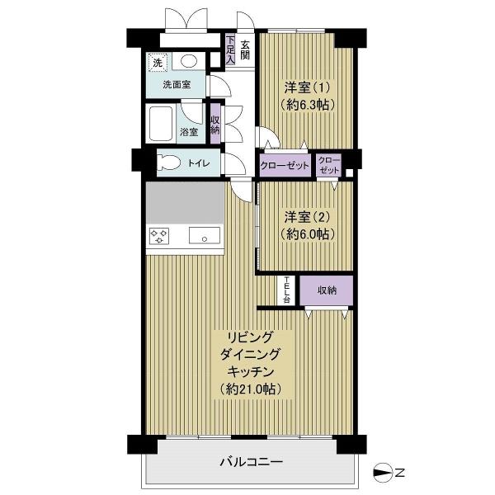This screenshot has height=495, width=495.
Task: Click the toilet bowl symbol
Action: pos(168,163)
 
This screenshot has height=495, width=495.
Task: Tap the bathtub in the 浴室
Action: pos(161,124)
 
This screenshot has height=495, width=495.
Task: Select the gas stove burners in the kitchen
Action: pos(158,236)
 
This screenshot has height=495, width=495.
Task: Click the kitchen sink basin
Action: pos(205,235)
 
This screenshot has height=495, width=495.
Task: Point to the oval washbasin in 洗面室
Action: pos(189,61)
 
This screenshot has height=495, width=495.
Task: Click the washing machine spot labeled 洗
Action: pos(158,63)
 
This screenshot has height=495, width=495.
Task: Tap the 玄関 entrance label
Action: pos(245,49)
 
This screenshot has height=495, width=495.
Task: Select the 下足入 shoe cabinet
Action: pos(230,49)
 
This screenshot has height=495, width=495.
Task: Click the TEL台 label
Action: pos(286,290)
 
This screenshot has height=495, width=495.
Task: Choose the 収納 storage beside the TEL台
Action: pos(326,290)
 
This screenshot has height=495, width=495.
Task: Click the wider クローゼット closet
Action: pos(285,165)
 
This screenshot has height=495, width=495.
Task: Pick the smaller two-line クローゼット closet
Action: pos(329,165)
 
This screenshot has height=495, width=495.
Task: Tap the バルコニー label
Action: pos(252,463)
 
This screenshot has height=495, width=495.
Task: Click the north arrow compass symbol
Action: pos(383,473)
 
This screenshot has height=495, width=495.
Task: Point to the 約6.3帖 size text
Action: pos(307,105)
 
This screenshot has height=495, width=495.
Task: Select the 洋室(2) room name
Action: pos(307,218)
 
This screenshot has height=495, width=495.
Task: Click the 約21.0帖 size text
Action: pos(251,389)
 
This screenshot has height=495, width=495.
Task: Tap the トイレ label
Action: pos(199,163)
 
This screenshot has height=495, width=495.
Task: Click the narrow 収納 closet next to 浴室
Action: pos(215,125)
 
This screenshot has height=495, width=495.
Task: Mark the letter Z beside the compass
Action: pos(399,473)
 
